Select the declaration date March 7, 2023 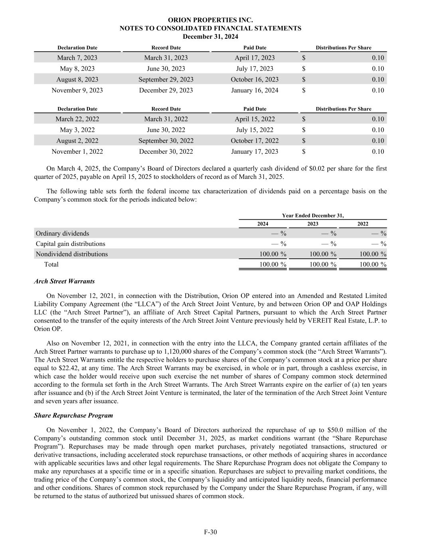(77, 58)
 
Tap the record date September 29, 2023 (166, 79)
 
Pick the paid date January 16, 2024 (255, 90)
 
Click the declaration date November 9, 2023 (77, 90)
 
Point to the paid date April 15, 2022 (255, 119)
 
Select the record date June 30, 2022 (166, 130)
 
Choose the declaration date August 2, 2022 (77, 141)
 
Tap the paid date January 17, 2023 (255, 151)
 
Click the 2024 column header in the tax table (263, 224)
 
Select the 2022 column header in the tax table (363, 224)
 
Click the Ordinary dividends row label (62, 234)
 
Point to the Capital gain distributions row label (70, 244)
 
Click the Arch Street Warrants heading (64, 281)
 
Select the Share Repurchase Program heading (73, 416)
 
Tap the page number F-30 (210, 532)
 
